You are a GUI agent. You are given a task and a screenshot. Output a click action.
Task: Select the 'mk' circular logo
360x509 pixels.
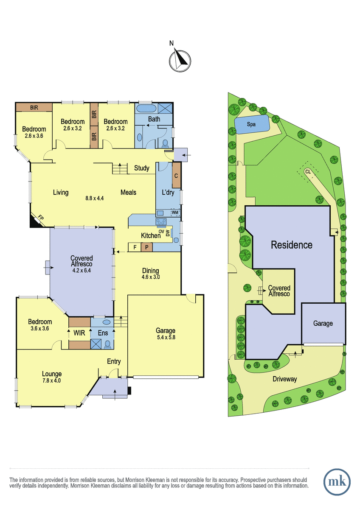[337, 482]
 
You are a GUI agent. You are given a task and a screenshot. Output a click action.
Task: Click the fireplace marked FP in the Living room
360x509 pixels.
[37, 220]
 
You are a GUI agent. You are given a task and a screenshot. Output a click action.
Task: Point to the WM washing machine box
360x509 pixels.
[175, 213]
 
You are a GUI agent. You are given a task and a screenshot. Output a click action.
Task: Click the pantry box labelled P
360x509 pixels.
[147, 247]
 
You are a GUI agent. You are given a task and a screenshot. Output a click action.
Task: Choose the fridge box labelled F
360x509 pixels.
[135, 247]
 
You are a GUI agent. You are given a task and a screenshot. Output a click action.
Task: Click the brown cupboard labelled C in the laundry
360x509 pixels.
[176, 176]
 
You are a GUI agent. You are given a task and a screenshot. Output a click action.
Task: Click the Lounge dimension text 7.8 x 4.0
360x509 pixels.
[52, 380]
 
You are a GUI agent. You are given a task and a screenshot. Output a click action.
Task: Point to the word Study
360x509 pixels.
[142, 168]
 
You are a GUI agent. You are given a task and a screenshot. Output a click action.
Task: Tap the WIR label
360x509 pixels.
[79, 333]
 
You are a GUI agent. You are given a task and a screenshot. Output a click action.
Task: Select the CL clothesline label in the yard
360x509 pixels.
[308, 172]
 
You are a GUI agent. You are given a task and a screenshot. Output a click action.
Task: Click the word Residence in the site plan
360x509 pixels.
[292, 245]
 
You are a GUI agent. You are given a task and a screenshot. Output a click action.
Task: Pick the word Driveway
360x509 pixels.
[285, 379]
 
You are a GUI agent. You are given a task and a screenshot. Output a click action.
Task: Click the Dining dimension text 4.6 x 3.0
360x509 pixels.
[151, 277]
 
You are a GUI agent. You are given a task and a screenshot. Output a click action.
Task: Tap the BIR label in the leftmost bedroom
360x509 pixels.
[34, 107]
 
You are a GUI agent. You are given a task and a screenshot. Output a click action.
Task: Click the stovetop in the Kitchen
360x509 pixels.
[161, 221]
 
